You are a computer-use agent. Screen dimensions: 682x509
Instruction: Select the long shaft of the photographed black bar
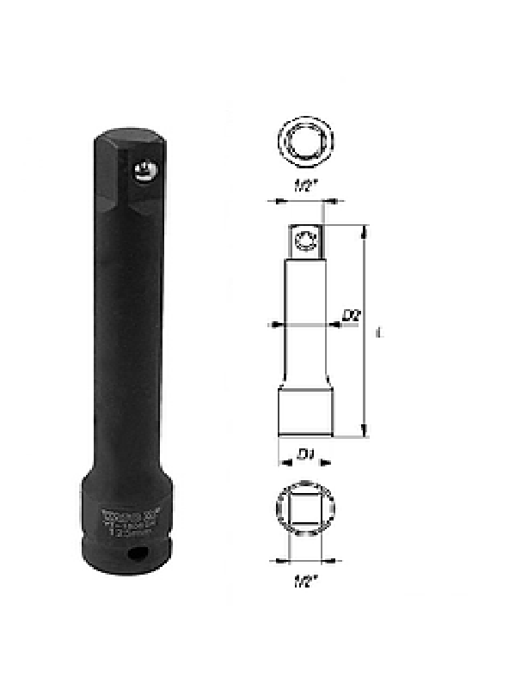(129, 344)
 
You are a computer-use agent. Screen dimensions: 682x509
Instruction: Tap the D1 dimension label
(304, 452)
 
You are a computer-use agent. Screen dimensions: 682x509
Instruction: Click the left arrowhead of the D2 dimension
(274, 325)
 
